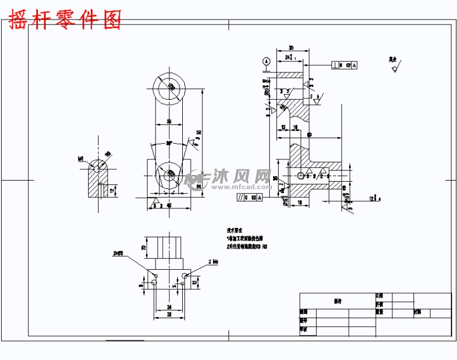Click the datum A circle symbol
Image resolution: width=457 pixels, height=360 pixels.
(x=266, y=61)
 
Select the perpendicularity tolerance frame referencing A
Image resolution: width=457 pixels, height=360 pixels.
(x=344, y=65)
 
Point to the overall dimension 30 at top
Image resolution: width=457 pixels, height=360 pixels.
(x=291, y=48)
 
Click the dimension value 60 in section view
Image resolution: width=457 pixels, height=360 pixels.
(x=309, y=134)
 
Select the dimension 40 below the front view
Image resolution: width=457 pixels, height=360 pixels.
(x=169, y=206)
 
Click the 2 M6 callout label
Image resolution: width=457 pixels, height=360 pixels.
(x=213, y=261)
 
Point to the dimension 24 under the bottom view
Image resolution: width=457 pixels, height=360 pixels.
(x=168, y=306)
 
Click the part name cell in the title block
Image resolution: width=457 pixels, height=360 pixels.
(x=337, y=301)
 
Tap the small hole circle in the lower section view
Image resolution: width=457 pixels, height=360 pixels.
(x=301, y=176)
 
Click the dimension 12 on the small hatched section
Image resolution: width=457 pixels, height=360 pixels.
(x=113, y=191)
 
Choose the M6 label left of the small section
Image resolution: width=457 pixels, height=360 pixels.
(x=81, y=158)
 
